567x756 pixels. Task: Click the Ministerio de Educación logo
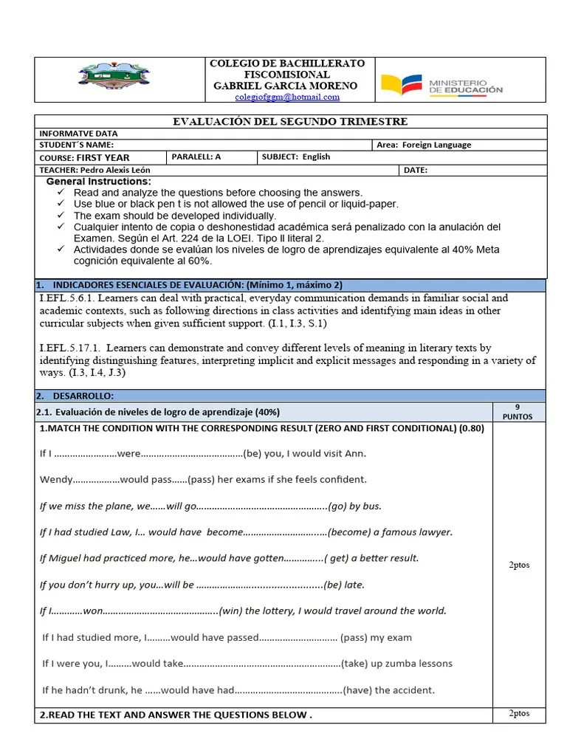[441, 85]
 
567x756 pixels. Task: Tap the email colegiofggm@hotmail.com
[287, 97]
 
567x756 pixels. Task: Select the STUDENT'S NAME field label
[77, 145]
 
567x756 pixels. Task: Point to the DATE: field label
[416, 170]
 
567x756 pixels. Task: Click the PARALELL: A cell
[196, 157]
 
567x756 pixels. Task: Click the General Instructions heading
[99, 182]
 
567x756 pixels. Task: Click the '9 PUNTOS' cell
[518, 412]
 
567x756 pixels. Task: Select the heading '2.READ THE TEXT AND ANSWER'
[176, 715]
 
